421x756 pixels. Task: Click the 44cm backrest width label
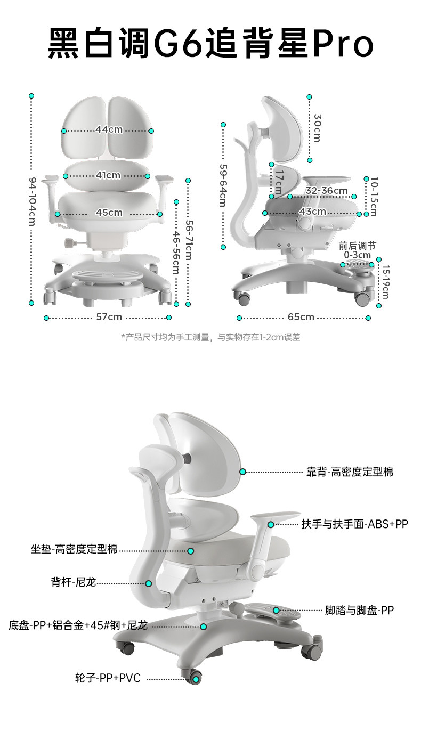coord(109,129)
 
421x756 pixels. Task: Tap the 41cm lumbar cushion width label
coord(108,175)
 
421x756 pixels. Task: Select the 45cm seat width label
coord(109,213)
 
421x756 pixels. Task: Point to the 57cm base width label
coord(109,317)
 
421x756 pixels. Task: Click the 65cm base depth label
coord(301,317)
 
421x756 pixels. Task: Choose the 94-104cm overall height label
coord(32,201)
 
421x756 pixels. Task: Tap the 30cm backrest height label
coord(317,128)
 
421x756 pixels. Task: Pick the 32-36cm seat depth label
coord(327,191)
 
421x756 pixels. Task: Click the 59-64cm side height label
coord(223,185)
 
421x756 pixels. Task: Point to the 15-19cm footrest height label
coord(385,282)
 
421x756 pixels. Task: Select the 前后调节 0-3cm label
coord(357,250)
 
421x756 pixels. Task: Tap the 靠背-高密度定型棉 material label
coord(350,472)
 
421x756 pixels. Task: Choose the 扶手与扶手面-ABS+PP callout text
coord(354,524)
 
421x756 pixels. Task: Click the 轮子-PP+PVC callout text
coord(108,678)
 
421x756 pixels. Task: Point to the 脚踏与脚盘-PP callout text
coord(359,610)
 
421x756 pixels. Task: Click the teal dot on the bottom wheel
coord(196,679)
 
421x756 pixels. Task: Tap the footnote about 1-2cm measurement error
coord(210,337)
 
